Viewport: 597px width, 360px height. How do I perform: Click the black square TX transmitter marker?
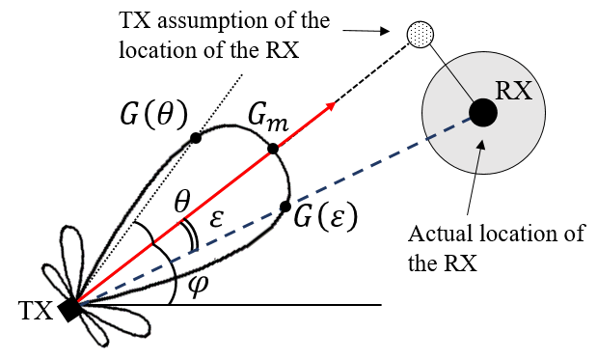pyautogui.click(x=70, y=310)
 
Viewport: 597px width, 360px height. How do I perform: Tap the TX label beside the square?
pyautogui.click(x=35, y=311)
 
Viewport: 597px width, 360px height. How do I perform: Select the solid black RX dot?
pyautogui.click(x=483, y=112)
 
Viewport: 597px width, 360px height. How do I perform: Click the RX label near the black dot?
pyautogui.click(x=514, y=92)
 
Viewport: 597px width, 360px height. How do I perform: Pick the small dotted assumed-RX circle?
pyautogui.click(x=421, y=35)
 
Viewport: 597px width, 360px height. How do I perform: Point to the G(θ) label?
pyautogui.click(x=153, y=114)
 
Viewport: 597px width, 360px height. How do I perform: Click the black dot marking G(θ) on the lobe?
pyautogui.click(x=196, y=138)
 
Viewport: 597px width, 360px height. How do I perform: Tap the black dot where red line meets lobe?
pyautogui.click(x=273, y=149)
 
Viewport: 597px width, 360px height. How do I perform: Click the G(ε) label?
pyautogui.click(x=326, y=215)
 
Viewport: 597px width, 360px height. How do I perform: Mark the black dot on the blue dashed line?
pyautogui.click(x=285, y=207)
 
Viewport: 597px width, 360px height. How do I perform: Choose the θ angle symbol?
pyautogui.click(x=182, y=203)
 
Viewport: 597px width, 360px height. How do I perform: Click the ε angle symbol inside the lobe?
pyautogui.click(x=216, y=219)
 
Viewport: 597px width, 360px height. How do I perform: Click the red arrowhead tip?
pyautogui.click(x=335, y=102)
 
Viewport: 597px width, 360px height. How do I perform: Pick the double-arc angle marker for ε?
pyautogui.click(x=192, y=236)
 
